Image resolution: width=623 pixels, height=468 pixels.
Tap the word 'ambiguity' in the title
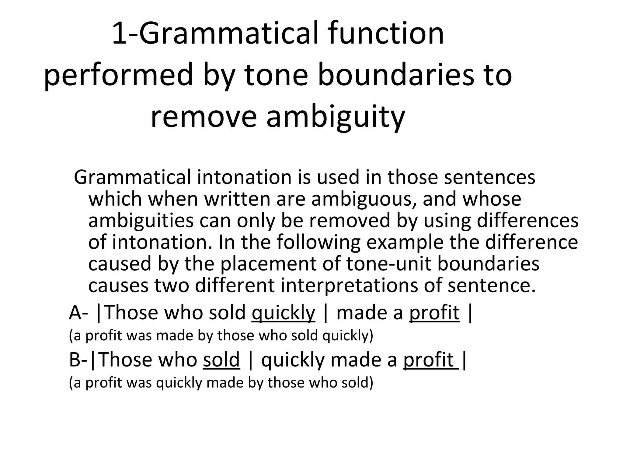point(336,117)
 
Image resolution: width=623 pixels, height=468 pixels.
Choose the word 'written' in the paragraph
point(236,199)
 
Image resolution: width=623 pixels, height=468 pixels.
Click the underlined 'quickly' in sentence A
point(284,313)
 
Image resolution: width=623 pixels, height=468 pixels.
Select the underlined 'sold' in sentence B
point(221,360)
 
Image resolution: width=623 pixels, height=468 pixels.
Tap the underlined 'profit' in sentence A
point(434,313)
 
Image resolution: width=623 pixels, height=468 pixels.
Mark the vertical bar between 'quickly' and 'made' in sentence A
point(326,313)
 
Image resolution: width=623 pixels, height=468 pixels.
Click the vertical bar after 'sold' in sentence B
point(250,360)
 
